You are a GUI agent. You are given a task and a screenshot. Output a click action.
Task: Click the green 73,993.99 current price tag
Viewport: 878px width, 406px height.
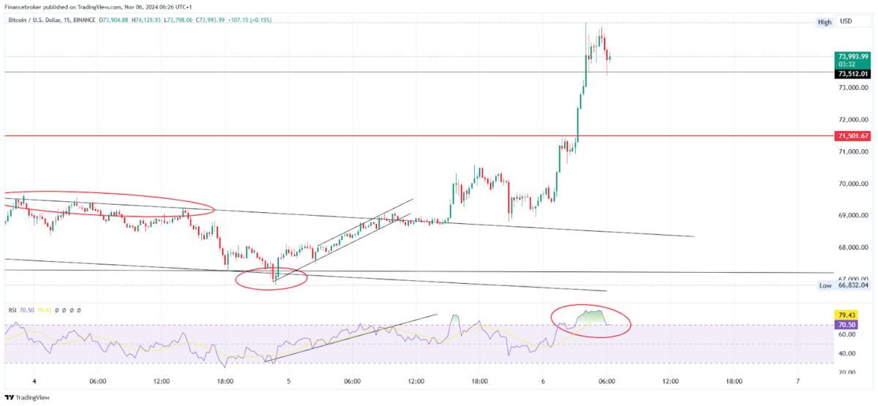coord(854,56)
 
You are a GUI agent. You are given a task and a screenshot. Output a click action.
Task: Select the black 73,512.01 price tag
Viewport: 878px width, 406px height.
coord(854,73)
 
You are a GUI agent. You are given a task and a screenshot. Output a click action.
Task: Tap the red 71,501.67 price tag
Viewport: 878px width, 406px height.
coord(854,136)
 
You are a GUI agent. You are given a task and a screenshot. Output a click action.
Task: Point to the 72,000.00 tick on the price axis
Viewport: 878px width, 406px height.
coord(854,120)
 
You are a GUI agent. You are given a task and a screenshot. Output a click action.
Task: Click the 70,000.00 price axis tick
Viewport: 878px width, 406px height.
coord(854,184)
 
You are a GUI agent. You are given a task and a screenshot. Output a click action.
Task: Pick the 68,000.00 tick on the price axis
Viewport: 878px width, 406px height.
coord(854,247)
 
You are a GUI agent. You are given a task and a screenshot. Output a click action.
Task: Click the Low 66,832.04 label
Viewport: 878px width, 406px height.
coord(844,285)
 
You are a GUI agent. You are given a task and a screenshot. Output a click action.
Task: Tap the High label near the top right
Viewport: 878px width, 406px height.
coord(825,22)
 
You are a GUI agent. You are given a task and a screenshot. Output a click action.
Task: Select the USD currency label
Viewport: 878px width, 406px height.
coord(846,22)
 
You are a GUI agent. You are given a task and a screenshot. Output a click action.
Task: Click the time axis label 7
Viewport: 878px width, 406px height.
coord(798,381)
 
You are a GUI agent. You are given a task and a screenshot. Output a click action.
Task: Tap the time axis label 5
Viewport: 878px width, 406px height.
coord(288,381)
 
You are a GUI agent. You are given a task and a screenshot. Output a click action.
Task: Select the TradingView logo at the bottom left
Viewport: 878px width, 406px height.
coord(29,398)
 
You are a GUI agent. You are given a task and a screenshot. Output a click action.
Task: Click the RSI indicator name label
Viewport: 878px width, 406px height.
coord(12,310)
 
